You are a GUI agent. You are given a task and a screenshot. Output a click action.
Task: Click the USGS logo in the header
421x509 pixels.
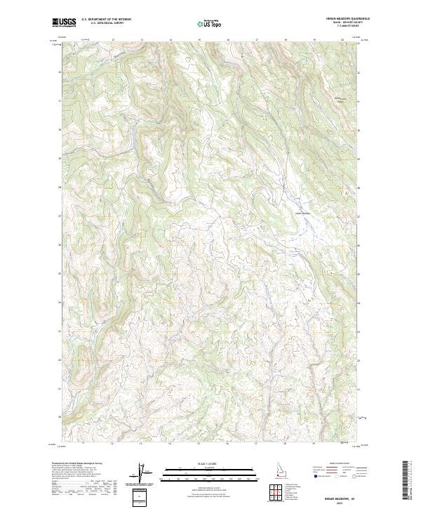click(x=64, y=22)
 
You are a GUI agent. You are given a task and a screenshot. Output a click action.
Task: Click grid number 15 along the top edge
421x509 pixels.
click(x=199, y=39)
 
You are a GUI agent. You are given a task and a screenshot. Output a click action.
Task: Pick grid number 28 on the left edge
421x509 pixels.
click(x=58, y=187)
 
